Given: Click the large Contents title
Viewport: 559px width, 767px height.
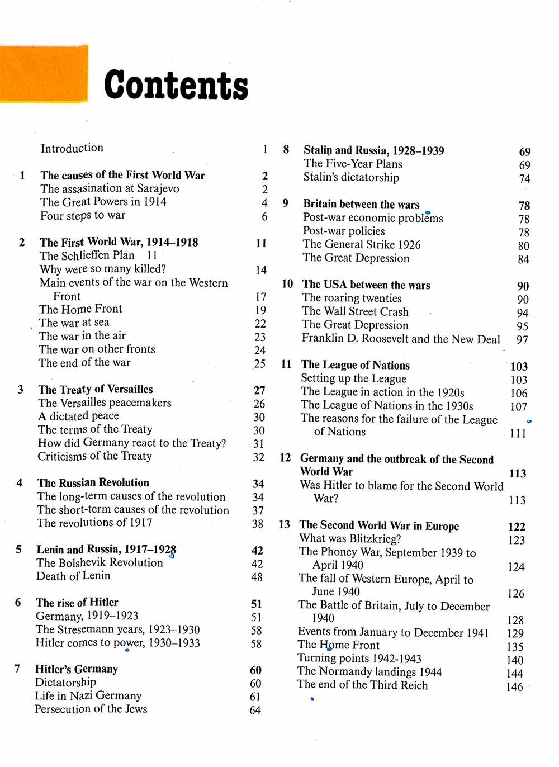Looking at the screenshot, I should (176, 85).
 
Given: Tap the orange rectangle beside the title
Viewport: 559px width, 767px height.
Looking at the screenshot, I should (44, 74).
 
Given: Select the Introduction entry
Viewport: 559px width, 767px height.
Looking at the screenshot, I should (72, 148).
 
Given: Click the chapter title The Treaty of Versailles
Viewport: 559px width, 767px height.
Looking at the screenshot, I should (96, 389).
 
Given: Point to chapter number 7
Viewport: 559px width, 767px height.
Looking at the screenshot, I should (17, 669).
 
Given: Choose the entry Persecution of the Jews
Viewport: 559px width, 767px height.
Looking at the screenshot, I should (91, 709).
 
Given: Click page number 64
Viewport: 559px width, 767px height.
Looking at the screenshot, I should (255, 710).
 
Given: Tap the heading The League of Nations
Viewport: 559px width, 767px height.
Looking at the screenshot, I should (356, 365).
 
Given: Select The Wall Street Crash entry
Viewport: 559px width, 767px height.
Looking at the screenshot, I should (355, 311).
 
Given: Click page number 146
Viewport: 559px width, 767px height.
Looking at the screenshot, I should (514, 686).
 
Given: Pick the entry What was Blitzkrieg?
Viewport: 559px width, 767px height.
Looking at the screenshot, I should (350, 538).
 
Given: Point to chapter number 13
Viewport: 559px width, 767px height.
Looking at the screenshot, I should (285, 524).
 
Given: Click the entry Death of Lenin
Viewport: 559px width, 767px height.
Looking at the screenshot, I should (73, 576).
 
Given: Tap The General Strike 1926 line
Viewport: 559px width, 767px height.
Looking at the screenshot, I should (362, 244).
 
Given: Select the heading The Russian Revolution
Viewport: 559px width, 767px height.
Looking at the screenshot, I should (93, 482).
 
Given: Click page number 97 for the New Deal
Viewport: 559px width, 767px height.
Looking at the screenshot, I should (522, 339).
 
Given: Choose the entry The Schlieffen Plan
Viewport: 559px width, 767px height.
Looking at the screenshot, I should (87, 255).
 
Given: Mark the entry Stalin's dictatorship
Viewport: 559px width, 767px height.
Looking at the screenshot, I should (351, 177).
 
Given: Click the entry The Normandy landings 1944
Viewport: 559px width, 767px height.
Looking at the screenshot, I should (369, 671).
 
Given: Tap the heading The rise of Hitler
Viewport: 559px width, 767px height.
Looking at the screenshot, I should (77, 602).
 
